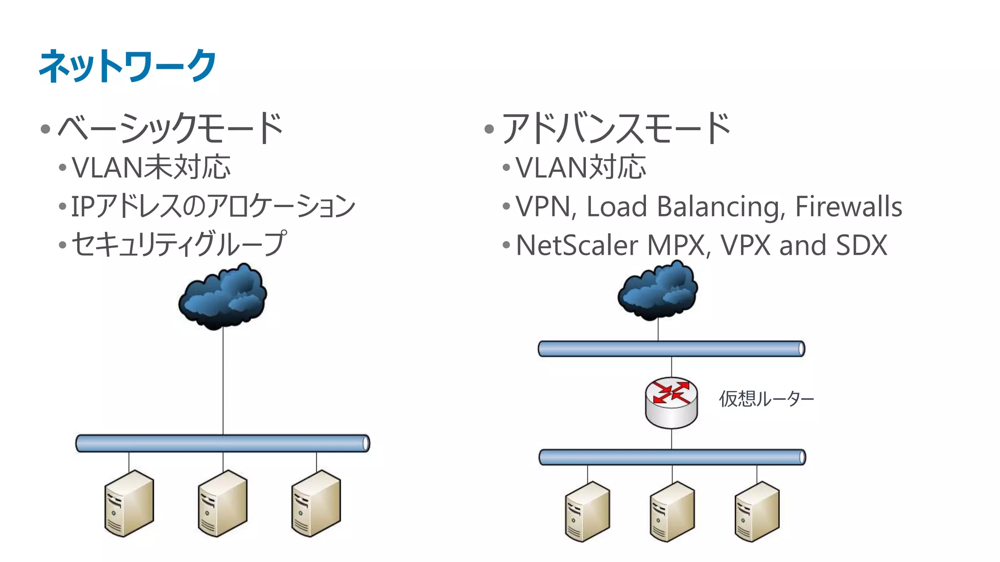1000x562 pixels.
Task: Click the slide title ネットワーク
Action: pos(127,66)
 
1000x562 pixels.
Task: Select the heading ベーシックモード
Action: pos(170,128)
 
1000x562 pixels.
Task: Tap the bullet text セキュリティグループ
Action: pos(179,244)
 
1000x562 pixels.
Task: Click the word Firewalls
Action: pos(848,206)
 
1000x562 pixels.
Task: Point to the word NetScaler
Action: pos(577,245)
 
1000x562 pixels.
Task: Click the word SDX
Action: pos(861,245)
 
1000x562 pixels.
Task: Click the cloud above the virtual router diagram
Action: pos(658,291)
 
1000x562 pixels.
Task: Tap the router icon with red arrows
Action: pos(671,402)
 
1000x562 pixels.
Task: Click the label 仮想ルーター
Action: pos(766,399)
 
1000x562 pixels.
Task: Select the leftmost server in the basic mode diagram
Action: pos(129,503)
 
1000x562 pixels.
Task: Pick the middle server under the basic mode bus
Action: pos(223,503)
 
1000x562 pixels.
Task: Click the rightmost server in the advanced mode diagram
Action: pos(757,511)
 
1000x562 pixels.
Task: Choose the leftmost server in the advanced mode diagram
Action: pos(587,511)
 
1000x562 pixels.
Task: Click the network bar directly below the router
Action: pos(672,457)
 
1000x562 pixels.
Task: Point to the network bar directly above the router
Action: pos(671,349)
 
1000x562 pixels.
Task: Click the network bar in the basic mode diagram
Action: pos(223,443)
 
